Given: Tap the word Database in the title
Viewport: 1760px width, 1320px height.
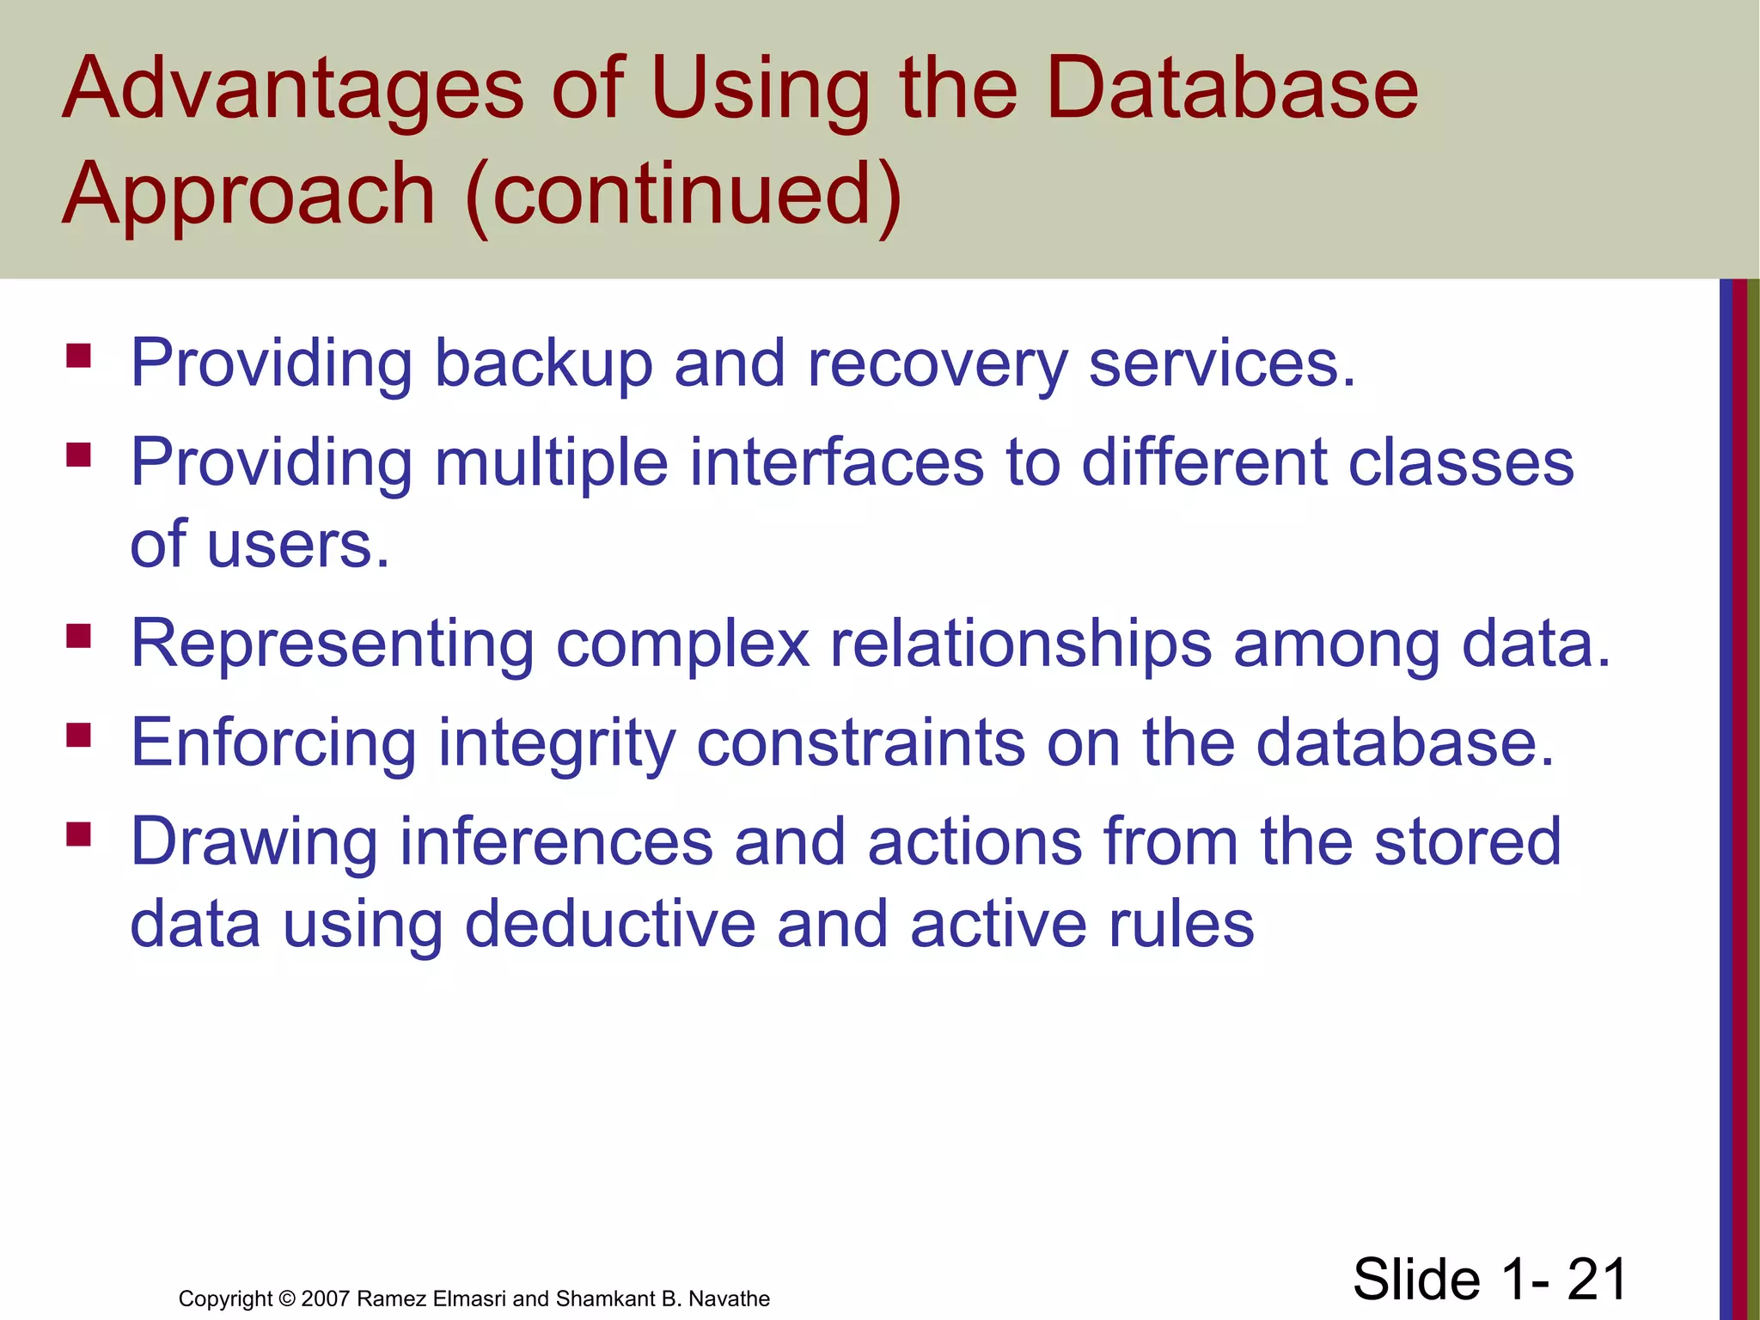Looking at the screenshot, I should coord(1231,88).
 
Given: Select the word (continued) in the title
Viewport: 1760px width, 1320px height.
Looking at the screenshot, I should coord(683,195).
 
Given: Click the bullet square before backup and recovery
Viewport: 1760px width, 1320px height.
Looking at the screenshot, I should coord(79,356).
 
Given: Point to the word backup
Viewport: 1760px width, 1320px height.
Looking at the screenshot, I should coord(543,364).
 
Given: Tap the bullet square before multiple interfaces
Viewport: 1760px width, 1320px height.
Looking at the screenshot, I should coord(79,455).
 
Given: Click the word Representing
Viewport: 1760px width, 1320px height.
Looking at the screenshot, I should coord(333,645).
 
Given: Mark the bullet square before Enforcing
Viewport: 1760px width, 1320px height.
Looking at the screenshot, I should coord(79,735).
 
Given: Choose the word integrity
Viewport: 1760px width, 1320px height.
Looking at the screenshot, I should coord(556,744).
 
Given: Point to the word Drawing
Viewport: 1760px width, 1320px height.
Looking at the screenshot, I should coord(254,843).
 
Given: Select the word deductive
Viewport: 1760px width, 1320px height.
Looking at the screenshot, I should coord(609,925).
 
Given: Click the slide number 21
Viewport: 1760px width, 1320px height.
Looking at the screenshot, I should coord(1597,1279).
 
